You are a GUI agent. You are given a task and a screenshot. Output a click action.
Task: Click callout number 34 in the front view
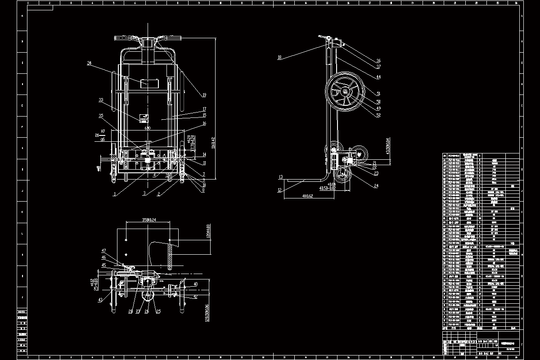[x=90, y=64]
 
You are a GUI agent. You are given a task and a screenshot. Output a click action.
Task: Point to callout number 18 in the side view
[x=279, y=57]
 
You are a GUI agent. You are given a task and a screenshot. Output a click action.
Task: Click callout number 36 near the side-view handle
[x=378, y=61]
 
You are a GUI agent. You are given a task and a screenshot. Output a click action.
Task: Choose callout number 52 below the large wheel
[x=378, y=115]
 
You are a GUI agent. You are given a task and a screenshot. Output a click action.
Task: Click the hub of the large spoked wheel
[x=345, y=93]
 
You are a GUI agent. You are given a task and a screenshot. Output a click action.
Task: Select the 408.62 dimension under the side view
[x=308, y=196]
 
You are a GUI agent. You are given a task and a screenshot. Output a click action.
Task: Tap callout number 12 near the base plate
[x=280, y=191]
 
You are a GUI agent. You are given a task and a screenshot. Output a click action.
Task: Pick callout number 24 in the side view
[x=376, y=185]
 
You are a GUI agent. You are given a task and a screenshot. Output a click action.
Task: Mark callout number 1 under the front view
[x=115, y=194]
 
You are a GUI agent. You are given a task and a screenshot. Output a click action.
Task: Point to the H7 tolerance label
[x=103, y=131]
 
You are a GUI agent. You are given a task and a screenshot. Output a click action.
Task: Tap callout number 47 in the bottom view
[x=103, y=250]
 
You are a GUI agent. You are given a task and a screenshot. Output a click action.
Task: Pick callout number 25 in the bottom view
[x=158, y=310]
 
